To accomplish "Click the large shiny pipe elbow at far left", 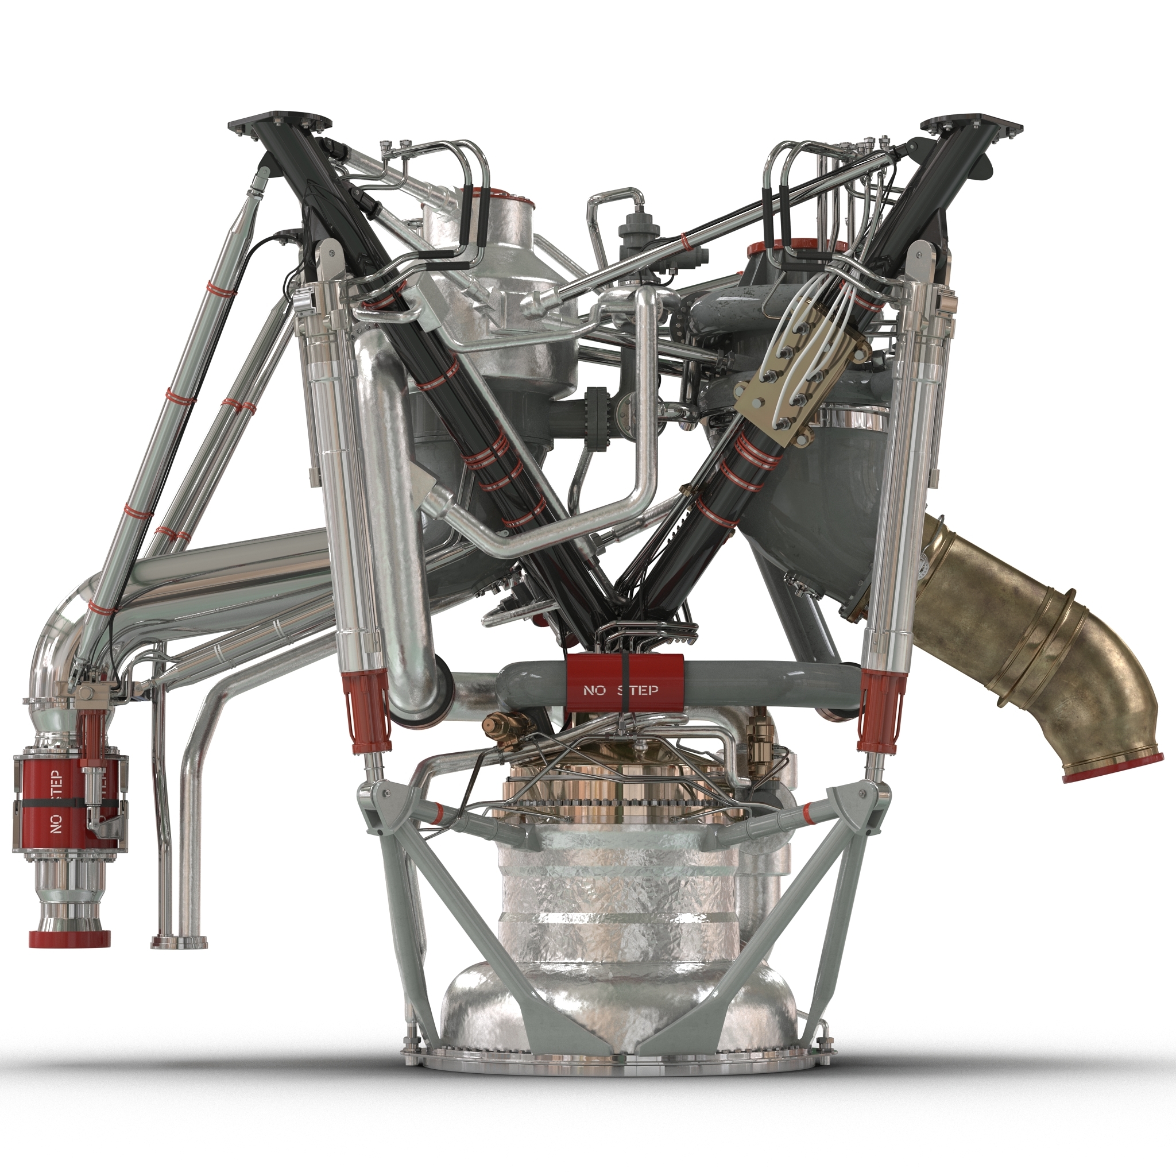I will coord(61,645).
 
